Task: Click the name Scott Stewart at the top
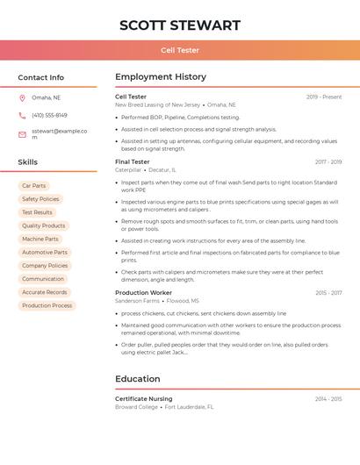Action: coord(179,25)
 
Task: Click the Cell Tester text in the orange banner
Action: coord(179,50)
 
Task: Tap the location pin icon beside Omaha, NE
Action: coord(22,97)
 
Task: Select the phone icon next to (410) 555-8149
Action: coord(22,115)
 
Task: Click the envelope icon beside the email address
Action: coord(22,134)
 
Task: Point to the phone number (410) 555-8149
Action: coord(49,115)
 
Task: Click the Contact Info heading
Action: coord(40,77)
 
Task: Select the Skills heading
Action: coord(27,162)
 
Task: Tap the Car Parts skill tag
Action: coord(33,186)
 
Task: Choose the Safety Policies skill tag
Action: coord(40,199)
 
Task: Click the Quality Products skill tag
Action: coord(43,225)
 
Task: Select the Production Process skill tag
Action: coord(47,305)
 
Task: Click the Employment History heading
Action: coord(161,77)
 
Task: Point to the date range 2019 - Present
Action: coord(324,97)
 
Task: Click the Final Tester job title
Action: coord(133,162)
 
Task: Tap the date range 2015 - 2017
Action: coord(328,292)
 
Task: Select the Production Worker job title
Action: coord(143,292)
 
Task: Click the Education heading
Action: coord(137,379)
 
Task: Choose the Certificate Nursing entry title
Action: coord(143,399)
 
